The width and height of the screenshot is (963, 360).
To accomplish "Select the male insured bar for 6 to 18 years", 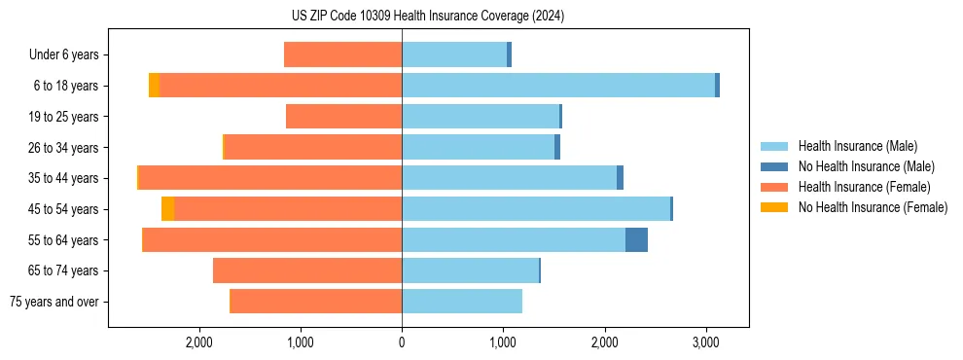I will [558, 86].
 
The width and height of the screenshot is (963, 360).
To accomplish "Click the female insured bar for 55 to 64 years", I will [272, 239].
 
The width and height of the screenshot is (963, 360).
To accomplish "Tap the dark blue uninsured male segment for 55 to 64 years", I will [636, 239].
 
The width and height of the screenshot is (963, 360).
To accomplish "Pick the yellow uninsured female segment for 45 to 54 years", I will [167, 209].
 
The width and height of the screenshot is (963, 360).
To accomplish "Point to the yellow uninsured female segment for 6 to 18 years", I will [154, 86].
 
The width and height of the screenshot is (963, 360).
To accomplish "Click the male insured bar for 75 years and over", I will [462, 302].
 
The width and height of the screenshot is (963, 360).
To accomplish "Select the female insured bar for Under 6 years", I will [342, 54].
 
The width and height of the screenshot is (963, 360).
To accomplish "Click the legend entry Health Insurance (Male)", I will [857, 146].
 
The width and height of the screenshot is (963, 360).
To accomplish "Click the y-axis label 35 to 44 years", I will [64, 178].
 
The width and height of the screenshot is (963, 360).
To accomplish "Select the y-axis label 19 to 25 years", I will [64, 117].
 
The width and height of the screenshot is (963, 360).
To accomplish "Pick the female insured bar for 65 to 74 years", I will [307, 270].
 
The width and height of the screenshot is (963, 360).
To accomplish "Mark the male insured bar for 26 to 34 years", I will [478, 147].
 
